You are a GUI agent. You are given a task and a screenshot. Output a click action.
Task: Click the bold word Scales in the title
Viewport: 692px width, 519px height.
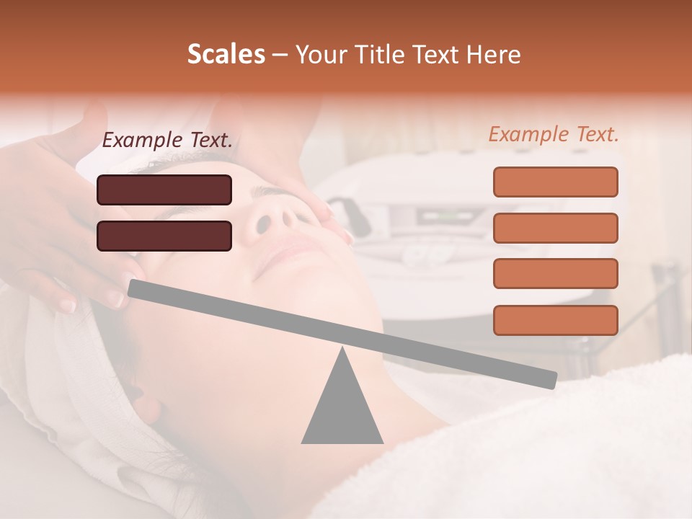(226, 54)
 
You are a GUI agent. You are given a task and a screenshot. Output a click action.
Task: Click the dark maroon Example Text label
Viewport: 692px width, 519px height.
(167, 141)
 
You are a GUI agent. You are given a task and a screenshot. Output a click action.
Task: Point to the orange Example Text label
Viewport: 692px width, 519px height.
(554, 134)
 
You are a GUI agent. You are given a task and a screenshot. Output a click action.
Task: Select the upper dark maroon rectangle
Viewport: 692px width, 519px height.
(164, 190)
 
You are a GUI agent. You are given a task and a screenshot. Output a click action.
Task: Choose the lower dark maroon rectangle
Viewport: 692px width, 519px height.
(164, 236)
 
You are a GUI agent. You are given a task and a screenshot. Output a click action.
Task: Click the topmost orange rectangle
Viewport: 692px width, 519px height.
(555, 182)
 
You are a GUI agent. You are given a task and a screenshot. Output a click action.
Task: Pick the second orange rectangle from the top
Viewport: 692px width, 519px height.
(555, 228)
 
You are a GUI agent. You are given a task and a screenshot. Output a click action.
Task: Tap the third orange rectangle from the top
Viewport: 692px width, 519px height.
(555, 274)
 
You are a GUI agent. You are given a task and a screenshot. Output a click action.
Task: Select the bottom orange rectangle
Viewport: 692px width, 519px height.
(555, 320)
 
